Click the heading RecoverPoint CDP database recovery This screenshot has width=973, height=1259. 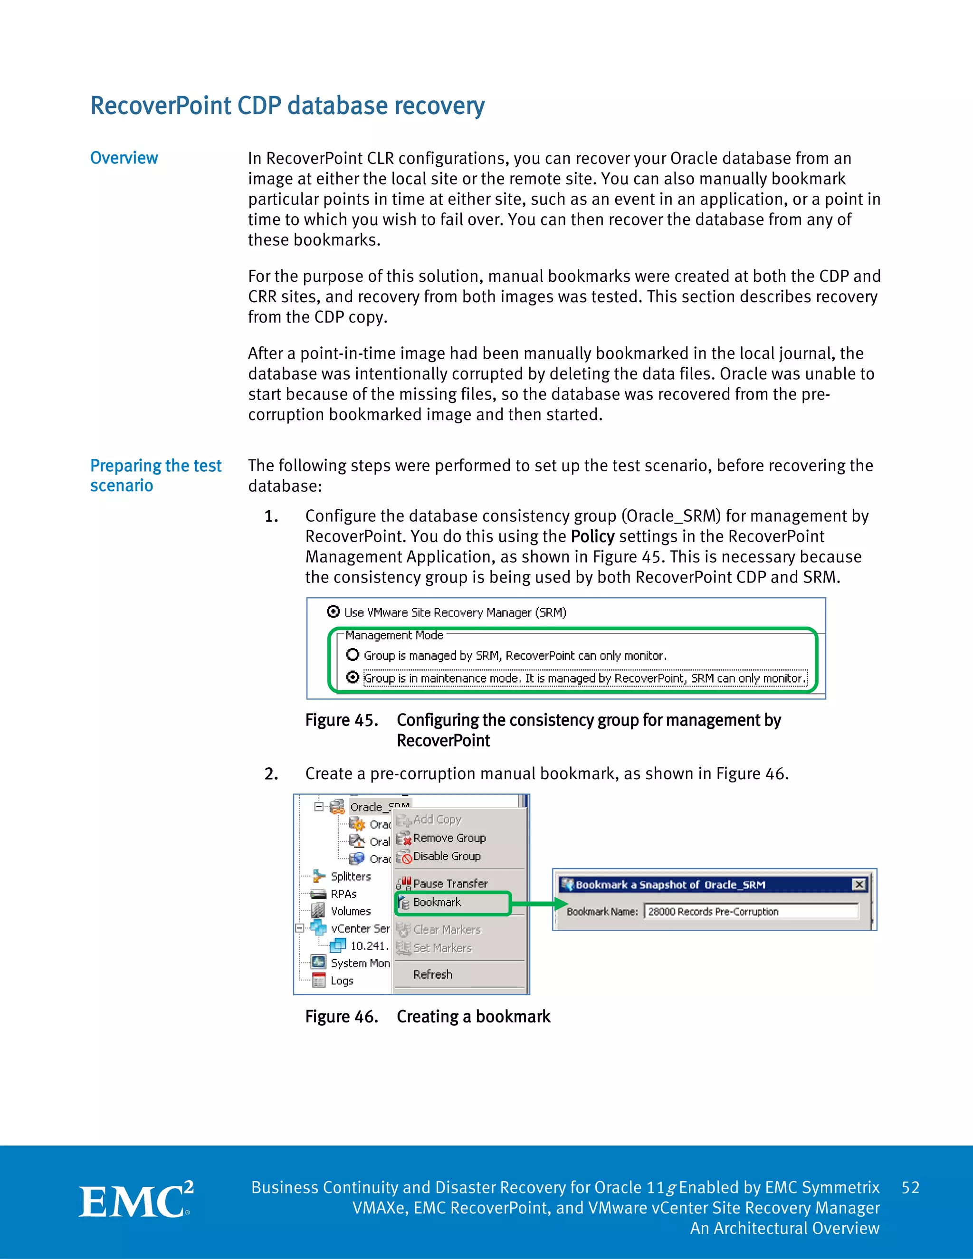point(287,106)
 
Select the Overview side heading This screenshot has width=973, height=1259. point(124,158)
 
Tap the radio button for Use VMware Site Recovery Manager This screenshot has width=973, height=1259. point(333,611)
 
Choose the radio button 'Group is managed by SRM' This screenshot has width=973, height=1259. point(353,655)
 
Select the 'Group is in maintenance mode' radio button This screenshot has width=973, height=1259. point(353,677)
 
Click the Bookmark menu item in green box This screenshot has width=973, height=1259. point(437,902)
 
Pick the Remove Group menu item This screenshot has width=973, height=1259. point(449,838)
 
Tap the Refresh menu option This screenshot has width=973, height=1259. point(432,974)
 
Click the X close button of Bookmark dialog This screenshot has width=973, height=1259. point(859,884)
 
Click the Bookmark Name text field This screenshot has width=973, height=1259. point(751,911)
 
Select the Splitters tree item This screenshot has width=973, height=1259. point(350,876)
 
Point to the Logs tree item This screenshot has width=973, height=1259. point(341,981)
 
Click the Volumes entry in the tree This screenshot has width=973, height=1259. point(350,911)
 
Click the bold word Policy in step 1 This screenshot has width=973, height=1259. point(592,536)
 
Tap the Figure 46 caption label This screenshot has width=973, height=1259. point(341,1016)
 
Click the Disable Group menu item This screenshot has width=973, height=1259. point(446,856)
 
